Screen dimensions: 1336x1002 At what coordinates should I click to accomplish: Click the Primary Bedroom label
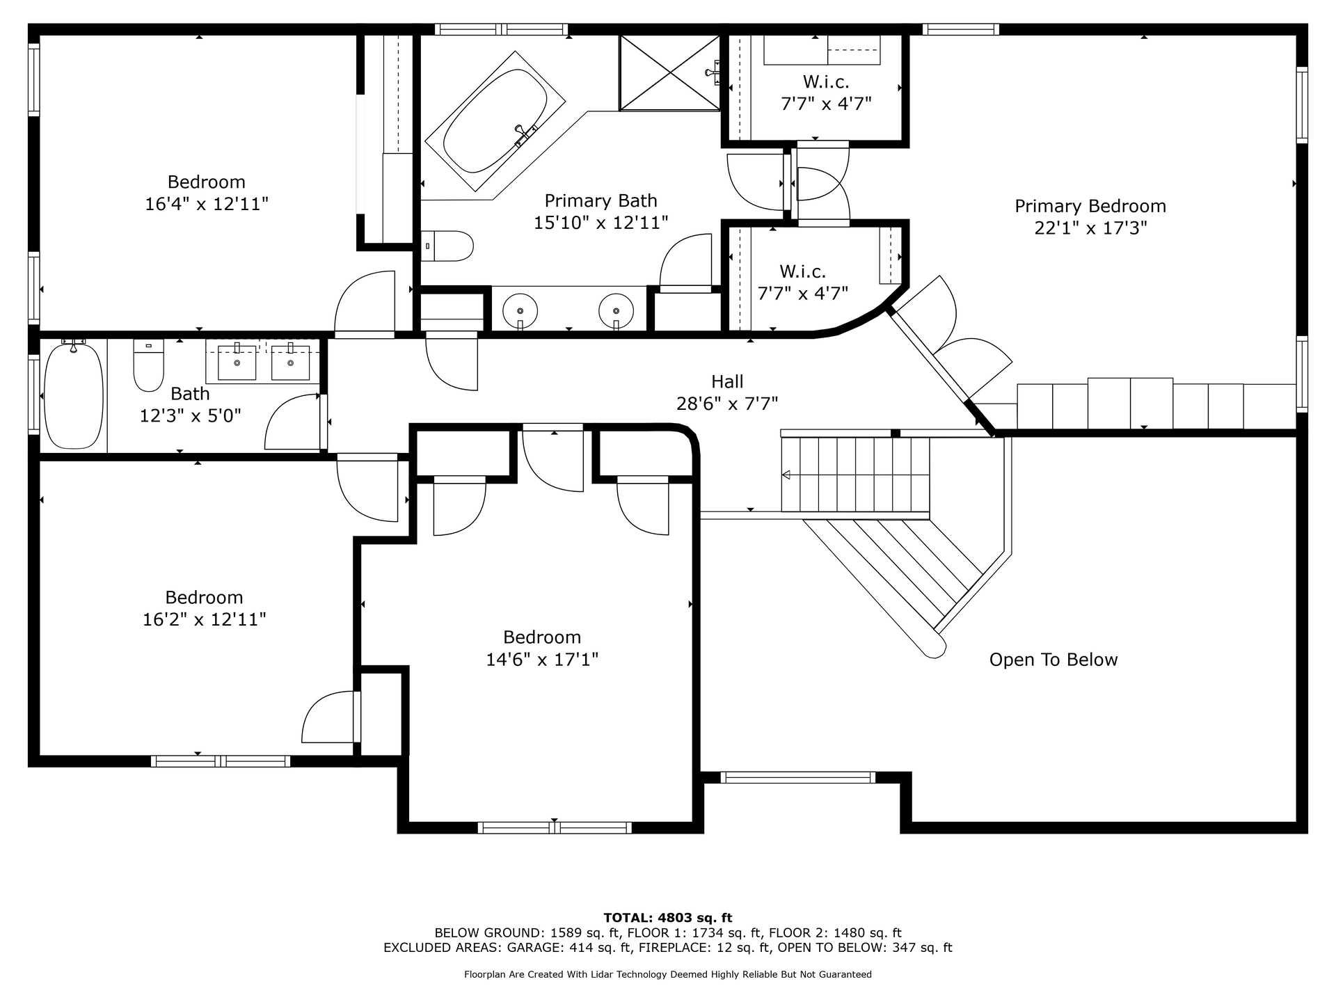pos(1090,206)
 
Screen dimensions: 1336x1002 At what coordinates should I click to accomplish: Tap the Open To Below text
pos(1053,660)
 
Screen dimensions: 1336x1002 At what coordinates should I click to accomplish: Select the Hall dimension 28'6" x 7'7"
pos(727,404)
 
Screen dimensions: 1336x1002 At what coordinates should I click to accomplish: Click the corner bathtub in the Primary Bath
pos(495,122)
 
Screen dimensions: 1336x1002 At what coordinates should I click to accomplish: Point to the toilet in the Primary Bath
pos(447,246)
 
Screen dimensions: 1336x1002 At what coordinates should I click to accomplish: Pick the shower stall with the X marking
pos(669,73)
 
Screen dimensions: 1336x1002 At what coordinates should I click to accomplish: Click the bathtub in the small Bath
pos(74,395)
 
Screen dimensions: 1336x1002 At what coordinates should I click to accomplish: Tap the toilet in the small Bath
pos(148,365)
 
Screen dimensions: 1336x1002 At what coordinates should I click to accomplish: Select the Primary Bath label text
pos(601,200)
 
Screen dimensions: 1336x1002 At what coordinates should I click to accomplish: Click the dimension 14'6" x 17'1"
pos(542,659)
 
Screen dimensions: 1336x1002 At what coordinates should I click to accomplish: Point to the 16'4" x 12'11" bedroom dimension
pos(207,204)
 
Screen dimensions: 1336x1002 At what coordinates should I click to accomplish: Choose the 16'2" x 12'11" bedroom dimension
pos(205,619)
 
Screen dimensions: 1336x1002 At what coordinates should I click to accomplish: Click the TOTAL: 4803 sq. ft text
pos(667,918)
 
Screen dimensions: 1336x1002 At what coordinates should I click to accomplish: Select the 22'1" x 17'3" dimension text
pos(1090,228)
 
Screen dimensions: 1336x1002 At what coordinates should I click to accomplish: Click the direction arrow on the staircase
pos(786,475)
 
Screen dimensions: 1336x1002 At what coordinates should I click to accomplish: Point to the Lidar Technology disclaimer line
pos(668,974)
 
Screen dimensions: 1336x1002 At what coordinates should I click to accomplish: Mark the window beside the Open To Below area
pos(797,777)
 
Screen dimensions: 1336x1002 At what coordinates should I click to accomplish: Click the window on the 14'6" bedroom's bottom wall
pos(555,827)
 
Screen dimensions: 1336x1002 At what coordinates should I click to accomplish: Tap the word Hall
pos(727,381)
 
